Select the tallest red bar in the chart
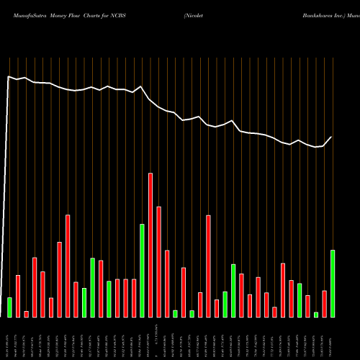pyautogui.click(x=150, y=245)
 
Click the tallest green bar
pyautogui.click(x=142, y=270)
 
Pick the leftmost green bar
pyautogui.click(x=9, y=307)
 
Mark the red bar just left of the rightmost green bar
pyautogui.click(x=324, y=303)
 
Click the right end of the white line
pyautogui.click(x=332, y=137)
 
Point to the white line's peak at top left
pyautogui.click(x=9, y=76)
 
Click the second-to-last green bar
pyautogui.click(x=316, y=314)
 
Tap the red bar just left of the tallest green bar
pyautogui.click(x=134, y=297)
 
